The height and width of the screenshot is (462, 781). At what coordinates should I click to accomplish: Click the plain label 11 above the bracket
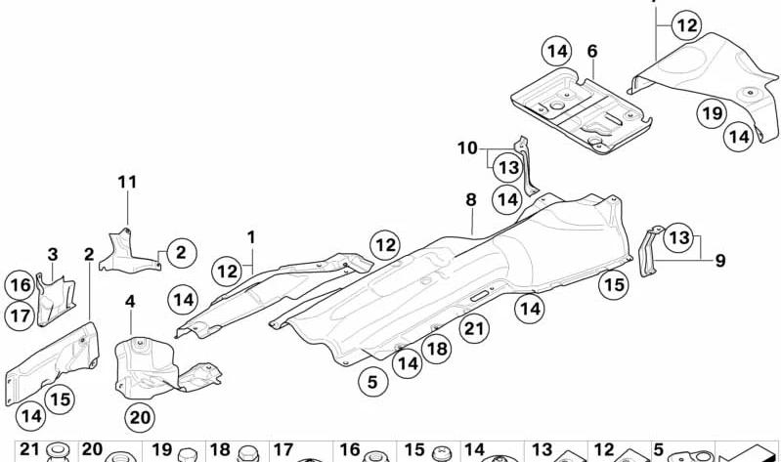(127, 183)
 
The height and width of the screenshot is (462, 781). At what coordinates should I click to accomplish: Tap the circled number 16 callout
(21, 285)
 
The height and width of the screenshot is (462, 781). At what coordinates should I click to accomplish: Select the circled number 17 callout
(20, 315)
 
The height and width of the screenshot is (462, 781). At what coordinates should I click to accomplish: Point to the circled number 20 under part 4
(140, 417)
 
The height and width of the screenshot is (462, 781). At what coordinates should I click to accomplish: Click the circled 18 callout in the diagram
(437, 349)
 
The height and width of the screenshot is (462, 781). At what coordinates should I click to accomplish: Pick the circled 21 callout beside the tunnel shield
(474, 328)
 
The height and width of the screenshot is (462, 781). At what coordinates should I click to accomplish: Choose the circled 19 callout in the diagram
(712, 113)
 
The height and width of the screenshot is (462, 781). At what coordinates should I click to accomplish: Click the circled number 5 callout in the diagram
(372, 382)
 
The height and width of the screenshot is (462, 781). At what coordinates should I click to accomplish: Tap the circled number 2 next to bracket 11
(181, 253)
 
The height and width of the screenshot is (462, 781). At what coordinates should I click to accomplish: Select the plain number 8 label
(471, 200)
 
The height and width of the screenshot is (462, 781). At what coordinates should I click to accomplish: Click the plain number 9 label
(720, 261)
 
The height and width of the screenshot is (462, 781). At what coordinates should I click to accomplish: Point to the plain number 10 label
(467, 148)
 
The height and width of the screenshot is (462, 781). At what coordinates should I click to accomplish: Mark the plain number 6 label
(592, 51)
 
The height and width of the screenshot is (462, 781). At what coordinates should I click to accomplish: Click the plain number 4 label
(130, 302)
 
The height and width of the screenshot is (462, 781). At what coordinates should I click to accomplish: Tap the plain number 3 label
(53, 255)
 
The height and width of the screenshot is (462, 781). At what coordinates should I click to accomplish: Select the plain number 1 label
(251, 237)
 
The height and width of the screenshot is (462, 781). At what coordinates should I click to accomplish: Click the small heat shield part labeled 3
(56, 300)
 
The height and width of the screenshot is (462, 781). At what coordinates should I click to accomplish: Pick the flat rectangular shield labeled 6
(582, 110)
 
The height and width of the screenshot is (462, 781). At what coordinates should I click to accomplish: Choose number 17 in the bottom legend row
(283, 450)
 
